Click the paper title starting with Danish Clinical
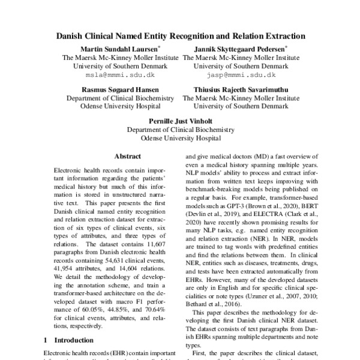pos(180,36)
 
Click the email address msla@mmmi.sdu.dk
pos(120,76)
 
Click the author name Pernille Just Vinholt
pos(180,119)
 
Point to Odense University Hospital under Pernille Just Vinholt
pos(180,137)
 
